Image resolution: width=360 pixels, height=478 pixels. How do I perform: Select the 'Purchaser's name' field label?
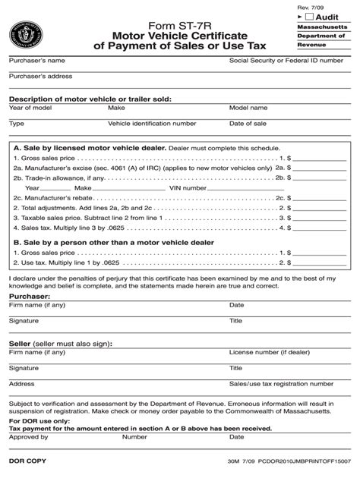click(36, 60)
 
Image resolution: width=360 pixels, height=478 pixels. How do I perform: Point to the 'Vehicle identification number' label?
click(152, 123)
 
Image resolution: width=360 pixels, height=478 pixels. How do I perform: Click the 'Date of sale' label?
click(248, 123)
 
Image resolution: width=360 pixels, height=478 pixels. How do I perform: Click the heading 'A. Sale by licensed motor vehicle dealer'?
click(88, 149)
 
